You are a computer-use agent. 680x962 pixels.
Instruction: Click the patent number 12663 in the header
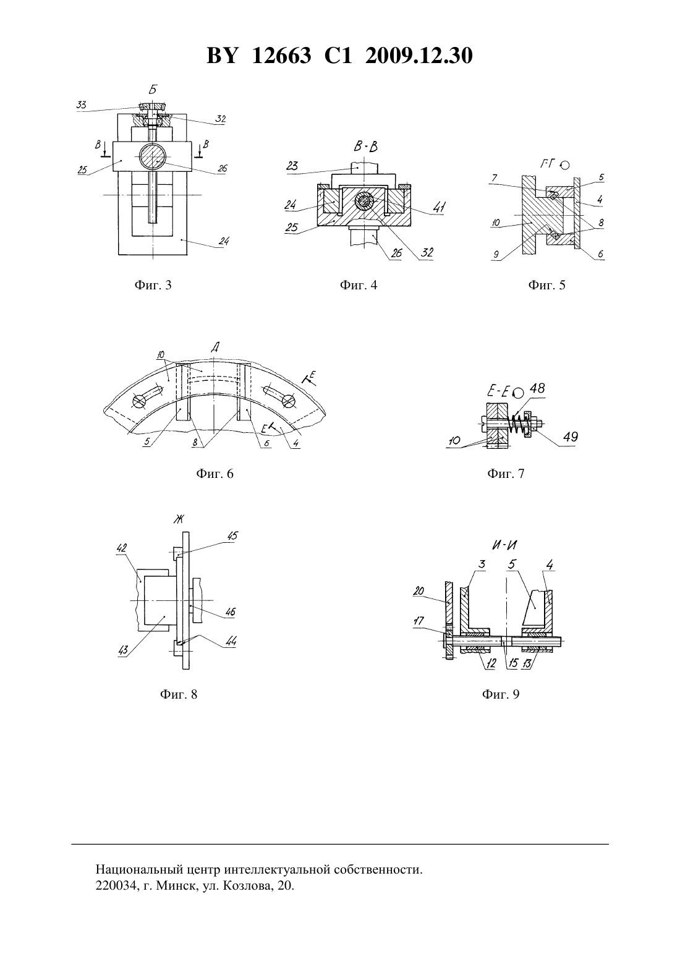[281, 56]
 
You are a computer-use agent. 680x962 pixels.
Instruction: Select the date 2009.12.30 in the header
[419, 56]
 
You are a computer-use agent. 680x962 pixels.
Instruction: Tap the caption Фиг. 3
[153, 285]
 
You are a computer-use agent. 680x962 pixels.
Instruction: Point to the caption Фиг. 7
[506, 474]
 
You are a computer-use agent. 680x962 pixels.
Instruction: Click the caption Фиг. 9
[501, 694]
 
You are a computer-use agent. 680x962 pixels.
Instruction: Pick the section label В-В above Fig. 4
[366, 147]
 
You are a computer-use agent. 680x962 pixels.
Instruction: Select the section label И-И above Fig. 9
[505, 545]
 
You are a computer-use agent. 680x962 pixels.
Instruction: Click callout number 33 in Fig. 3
[81, 104]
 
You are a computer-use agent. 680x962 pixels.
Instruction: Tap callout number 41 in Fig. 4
[439, 208]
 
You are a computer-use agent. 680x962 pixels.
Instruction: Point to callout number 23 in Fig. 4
[292, 166]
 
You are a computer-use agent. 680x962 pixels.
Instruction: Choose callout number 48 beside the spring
[537, 388]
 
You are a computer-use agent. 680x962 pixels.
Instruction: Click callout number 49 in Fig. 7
[571, 436]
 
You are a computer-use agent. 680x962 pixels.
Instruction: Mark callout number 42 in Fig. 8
[122, 548]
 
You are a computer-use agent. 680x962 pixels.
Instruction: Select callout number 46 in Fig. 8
[230, 611]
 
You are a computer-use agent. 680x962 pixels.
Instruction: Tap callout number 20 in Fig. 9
[419, 590]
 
